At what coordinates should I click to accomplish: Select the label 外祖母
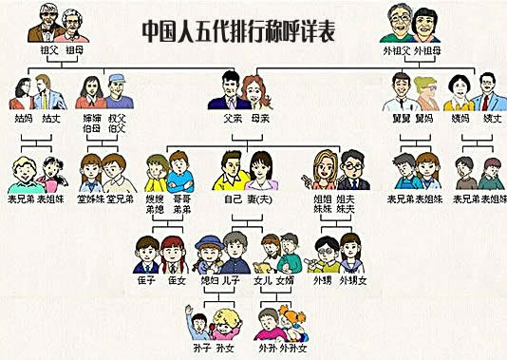[x=426, y=50]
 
